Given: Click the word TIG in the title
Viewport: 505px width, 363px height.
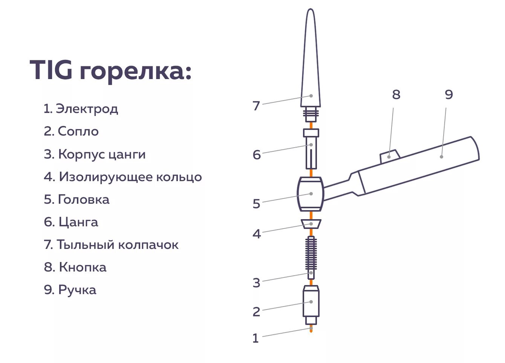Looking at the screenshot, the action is [51, 70].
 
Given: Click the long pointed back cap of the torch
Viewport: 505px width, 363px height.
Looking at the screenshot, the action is [311, 68].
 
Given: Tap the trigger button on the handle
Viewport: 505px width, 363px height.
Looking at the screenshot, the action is [389, 156].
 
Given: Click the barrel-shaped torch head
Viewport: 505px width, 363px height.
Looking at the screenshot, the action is [311, 194].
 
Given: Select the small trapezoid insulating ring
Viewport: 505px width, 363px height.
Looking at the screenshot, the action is [311, 224].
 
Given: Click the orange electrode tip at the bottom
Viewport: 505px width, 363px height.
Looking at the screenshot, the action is [311, 329].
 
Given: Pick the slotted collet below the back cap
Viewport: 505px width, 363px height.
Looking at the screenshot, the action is [311, 151].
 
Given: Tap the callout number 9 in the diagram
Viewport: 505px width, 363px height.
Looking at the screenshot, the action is [448, 95].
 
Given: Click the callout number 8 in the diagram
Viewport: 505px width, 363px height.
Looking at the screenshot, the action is [396, 95].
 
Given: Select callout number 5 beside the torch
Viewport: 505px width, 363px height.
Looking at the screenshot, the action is [256, 204].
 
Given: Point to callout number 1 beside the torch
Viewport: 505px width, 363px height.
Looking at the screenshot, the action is [256, 338].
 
